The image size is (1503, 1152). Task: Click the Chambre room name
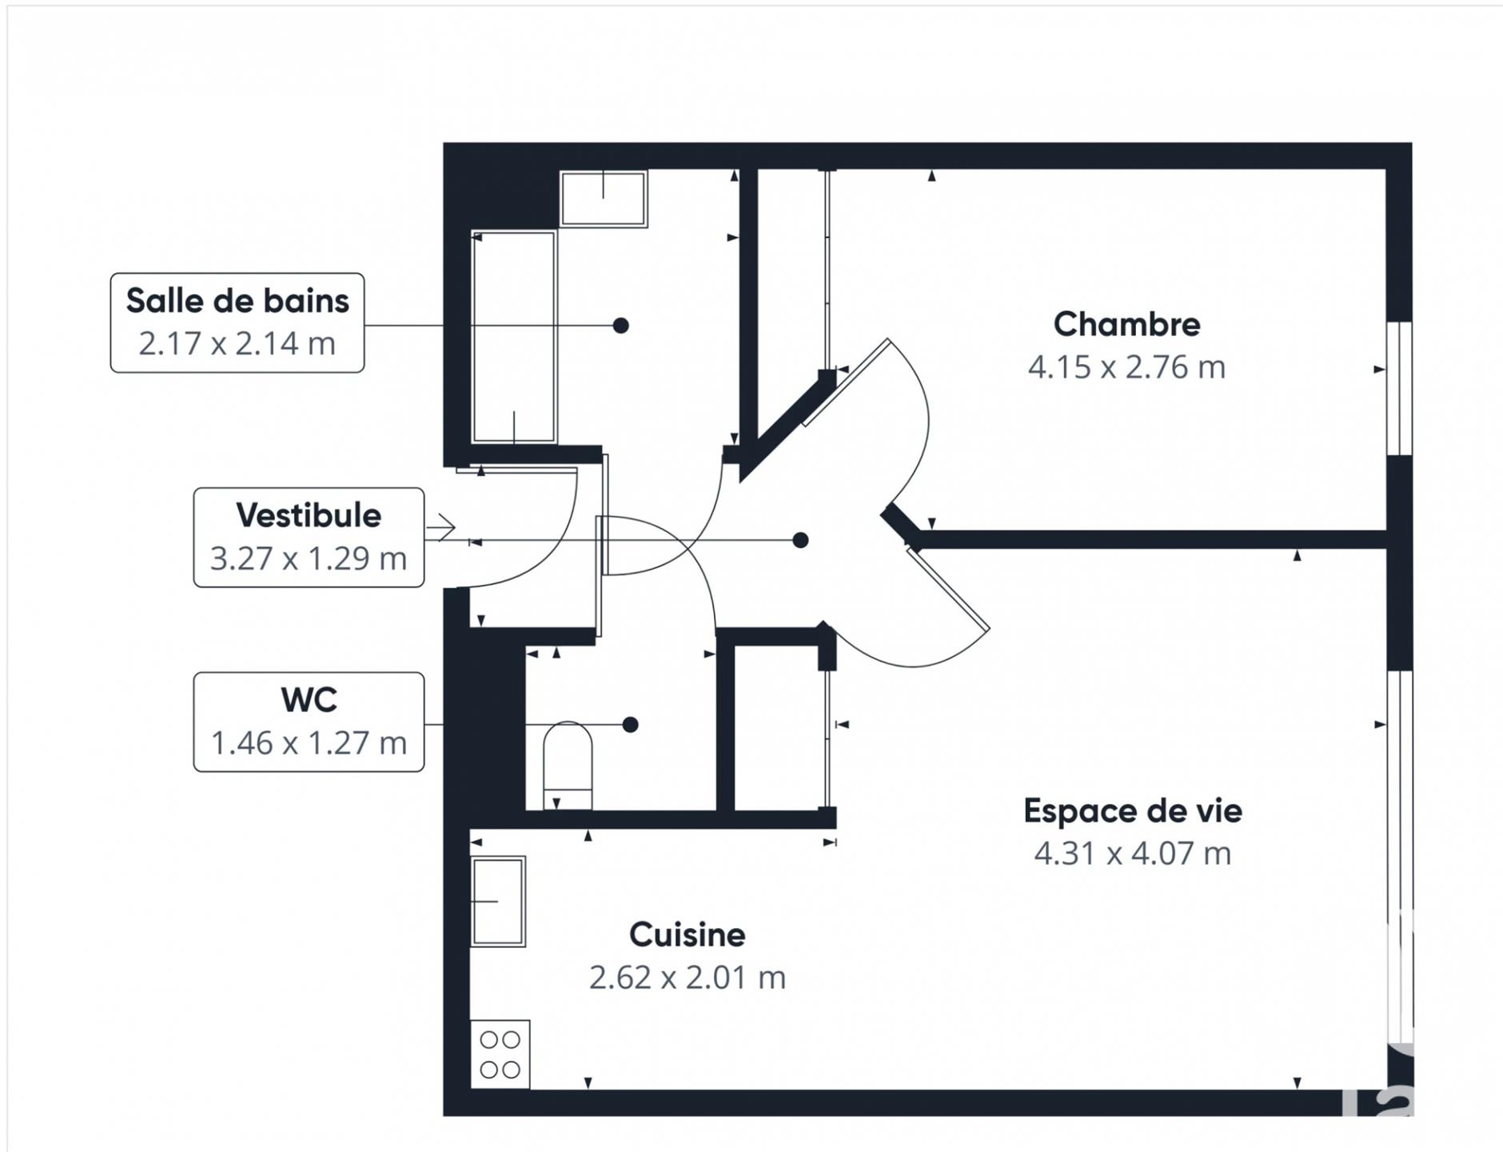(x=1126, y=324)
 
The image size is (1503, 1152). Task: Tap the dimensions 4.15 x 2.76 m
(x=1126, y=367)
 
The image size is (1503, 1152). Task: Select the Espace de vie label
(x=1132, y=810)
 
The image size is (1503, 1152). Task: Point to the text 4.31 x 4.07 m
(x=1132, y=854)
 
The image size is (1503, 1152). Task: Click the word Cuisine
(x=687, y=934)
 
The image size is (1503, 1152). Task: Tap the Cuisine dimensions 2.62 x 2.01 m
(x=687, y=978)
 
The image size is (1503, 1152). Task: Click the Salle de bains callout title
(x=237, y=301)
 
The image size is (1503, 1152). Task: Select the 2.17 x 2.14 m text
(x=237, y=344)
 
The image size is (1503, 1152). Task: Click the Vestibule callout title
(x=309, y=515)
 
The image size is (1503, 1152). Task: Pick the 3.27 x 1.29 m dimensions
(x=309, y=558)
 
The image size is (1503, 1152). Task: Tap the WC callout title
(x=309, y=700)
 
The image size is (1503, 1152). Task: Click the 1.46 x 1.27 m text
(x=309, y=743)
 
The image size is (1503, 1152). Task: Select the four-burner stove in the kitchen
(x=500, y=1054)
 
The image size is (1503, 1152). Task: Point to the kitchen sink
(x=498, y=902)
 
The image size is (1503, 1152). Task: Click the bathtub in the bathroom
(x=514, y=336)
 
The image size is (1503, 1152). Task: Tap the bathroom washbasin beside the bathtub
(x=604, y=198)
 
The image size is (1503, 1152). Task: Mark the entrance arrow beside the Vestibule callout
(x=441, y=527)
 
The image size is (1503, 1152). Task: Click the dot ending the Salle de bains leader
(x=620, y=326)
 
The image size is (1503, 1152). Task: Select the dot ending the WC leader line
(x=630, y=725)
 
